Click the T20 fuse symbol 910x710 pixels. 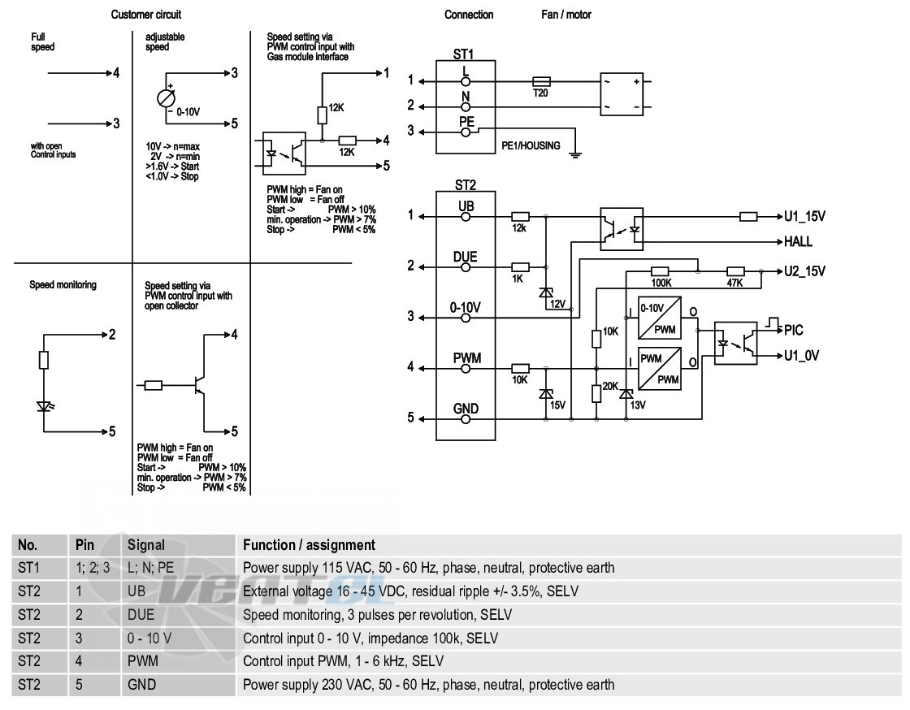pyautogui.click(x=541, y=82)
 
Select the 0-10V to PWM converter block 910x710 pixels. pyautogui.click(x=659, y=318)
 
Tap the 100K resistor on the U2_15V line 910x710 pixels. pyautogui.click(x=660, y=271)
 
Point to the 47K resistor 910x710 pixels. pyautogui.click(x=735, y=271)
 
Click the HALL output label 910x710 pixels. pyautogui.click(x=798, y=242)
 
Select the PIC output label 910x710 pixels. pyautogui.click(x=793, y=330)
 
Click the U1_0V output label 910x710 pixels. pyautogui.click(x=801, y=356)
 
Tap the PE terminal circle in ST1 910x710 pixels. pyautogui.click(x=466, y=132)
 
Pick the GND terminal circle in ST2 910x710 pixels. pyautogui.click(x=466, y=419)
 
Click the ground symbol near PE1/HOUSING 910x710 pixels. pyautogui.click(x=574, y=154)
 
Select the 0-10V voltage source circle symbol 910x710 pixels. pyautogui.click(x=166, y=98)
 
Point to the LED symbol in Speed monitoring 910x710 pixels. pyautogui.click(x=44, y=406)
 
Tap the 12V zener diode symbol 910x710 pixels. pyautogui.click(x=545, y=293)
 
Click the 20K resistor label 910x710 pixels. pyautogui.click(x=610, y=386)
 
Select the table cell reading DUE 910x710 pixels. pyautogui.click(x=141, y=615)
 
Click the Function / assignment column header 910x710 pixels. pyautogui.click(x=310, y=545)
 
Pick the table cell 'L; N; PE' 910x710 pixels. pyautogui.click(x=151, y=568)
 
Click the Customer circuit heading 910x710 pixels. pyautogui.click(x=146, y=15)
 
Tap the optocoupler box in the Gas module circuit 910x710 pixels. pyautogui.click(x=284, y=154)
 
